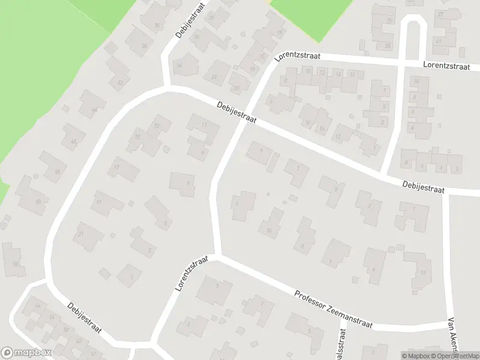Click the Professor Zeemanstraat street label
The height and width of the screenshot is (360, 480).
pos(334,310)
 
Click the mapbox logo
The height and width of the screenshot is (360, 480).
pos(26,353)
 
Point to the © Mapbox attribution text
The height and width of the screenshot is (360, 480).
pos(415,356)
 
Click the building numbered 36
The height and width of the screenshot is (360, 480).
pos(157,25)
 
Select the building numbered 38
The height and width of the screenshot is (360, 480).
pos(144,46)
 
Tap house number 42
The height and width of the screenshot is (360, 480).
pos(121,82)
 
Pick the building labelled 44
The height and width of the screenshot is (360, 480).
pos(94,109)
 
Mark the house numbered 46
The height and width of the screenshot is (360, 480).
pos(73,142)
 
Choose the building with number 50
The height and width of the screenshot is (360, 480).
pos(38,202)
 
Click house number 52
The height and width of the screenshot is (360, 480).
pos(15,263)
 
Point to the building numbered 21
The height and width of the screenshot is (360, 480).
pos(80,233)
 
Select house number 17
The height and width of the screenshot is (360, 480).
pos(118,166)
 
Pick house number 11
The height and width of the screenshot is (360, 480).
pos(204,124)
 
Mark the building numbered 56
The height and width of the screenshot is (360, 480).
pos(52,317)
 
